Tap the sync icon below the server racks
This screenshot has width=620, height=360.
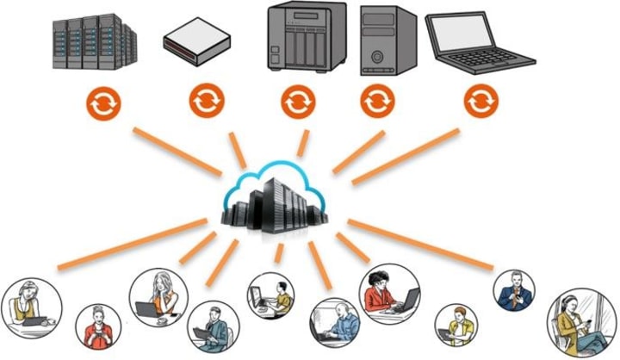pos(103,104)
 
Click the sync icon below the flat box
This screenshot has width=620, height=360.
pos(207,102)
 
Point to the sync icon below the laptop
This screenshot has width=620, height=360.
pos(480,102)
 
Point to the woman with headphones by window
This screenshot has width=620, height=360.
pos(582,323)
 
